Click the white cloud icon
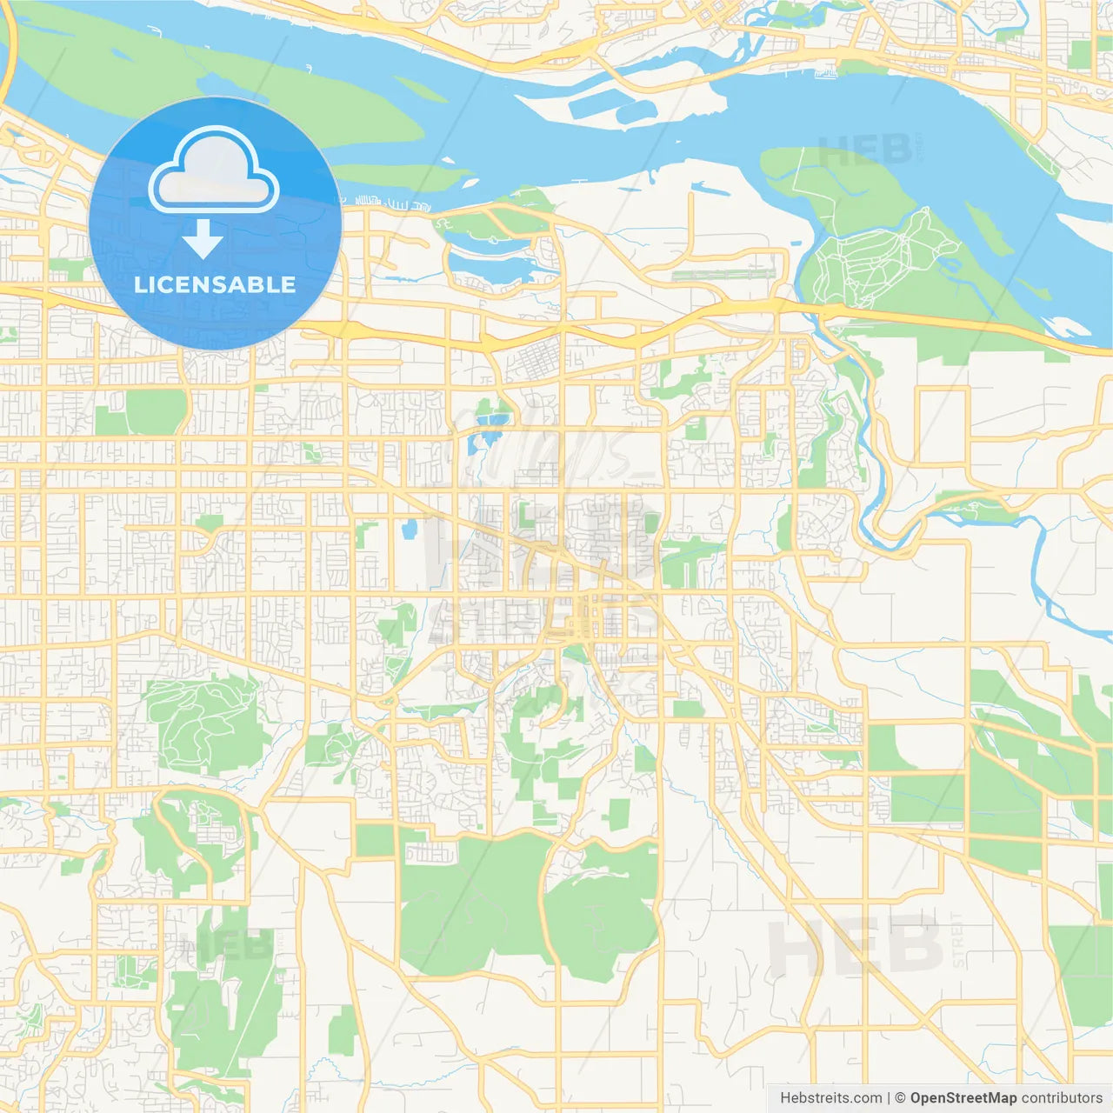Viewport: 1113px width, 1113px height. click(x=214, y=170)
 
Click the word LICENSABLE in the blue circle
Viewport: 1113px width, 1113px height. click(x=215, y=284)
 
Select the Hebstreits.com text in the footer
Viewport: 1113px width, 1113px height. click(x=830, y=1098)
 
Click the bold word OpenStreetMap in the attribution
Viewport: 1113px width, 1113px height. click(x=963, y=1098)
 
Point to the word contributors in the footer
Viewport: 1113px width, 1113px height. click(x=1062, y=1098)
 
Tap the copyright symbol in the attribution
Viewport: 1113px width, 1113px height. click(x=901, y=1098)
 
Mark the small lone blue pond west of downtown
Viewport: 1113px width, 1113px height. click(x=408, y=528)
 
